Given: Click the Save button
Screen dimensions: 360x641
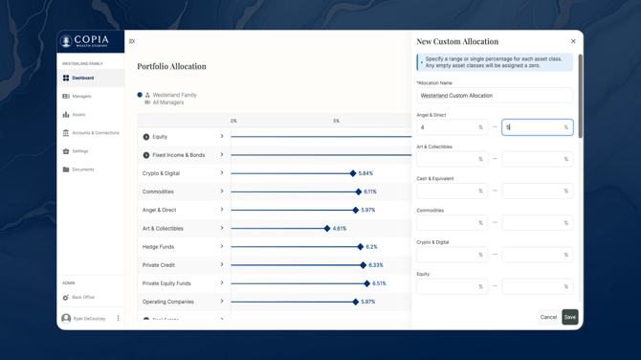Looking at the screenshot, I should point(569,317).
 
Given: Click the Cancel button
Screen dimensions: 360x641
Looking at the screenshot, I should point(548,317).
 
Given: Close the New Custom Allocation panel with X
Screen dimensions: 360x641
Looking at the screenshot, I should point(573,41).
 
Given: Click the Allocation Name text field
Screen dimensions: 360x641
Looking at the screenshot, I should point(494,96).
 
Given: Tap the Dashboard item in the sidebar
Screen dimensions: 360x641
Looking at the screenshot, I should point(83,79).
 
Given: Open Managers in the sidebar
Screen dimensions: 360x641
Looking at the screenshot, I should point(81,97).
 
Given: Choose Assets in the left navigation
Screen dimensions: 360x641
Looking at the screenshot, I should point(78,115).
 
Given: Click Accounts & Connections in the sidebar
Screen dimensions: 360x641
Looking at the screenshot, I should point(95,133).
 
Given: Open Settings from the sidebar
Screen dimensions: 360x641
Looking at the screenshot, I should point(79,151).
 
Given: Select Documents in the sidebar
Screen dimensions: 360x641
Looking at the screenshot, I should point(82,169).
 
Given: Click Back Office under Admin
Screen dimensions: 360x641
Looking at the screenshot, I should point(82,298).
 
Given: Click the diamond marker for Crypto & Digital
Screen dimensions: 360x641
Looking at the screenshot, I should point(353,173).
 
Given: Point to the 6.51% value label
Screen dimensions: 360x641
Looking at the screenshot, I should point(380,283).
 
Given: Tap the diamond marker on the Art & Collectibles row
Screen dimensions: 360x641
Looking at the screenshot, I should point(327,229).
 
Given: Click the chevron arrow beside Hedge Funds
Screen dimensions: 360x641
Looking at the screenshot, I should point(222,246).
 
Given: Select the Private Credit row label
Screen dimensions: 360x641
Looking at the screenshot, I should point(159,265).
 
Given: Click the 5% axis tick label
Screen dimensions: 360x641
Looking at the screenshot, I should point(336,122).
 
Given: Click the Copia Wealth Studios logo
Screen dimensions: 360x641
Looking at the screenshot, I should point(84,41).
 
